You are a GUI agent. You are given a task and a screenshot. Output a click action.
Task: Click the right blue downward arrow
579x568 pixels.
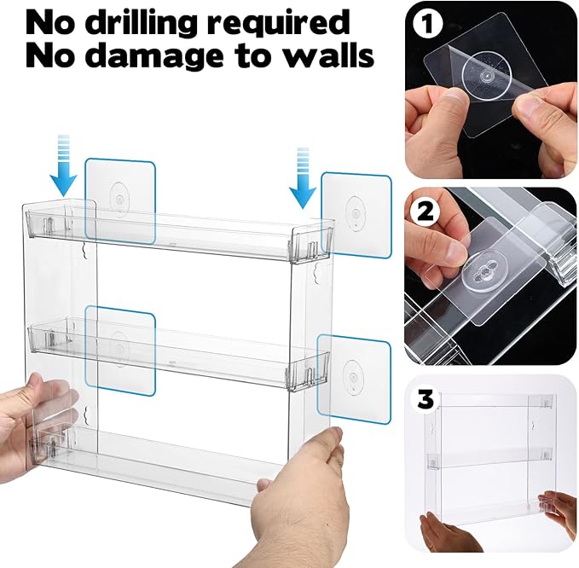[x=302, y=177]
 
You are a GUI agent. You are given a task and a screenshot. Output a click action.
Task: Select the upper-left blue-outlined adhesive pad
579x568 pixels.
[x=120, y=200]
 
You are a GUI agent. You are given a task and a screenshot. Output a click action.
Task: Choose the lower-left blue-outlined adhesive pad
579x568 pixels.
[x=120, y=350]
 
